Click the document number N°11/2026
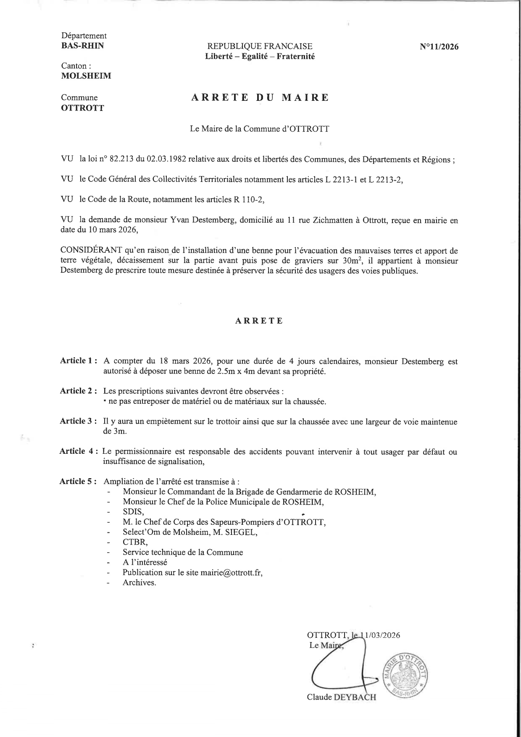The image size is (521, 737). (439, 47)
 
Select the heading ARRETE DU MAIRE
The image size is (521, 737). (260, 98)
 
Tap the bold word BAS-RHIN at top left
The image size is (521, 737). (82, 46)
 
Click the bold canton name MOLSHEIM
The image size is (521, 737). (86, 76)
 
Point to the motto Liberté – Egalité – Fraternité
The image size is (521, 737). (260, 56)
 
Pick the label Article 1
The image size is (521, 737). (79, 361)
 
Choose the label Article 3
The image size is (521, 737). (79, 421)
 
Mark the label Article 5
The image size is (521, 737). (79, 482)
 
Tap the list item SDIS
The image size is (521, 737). (133, 512)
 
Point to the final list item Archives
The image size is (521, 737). (139, 583)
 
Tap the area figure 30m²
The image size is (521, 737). (350, 261)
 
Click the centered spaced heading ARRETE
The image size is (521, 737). (259, 321)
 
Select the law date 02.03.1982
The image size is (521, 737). (166, 160)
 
